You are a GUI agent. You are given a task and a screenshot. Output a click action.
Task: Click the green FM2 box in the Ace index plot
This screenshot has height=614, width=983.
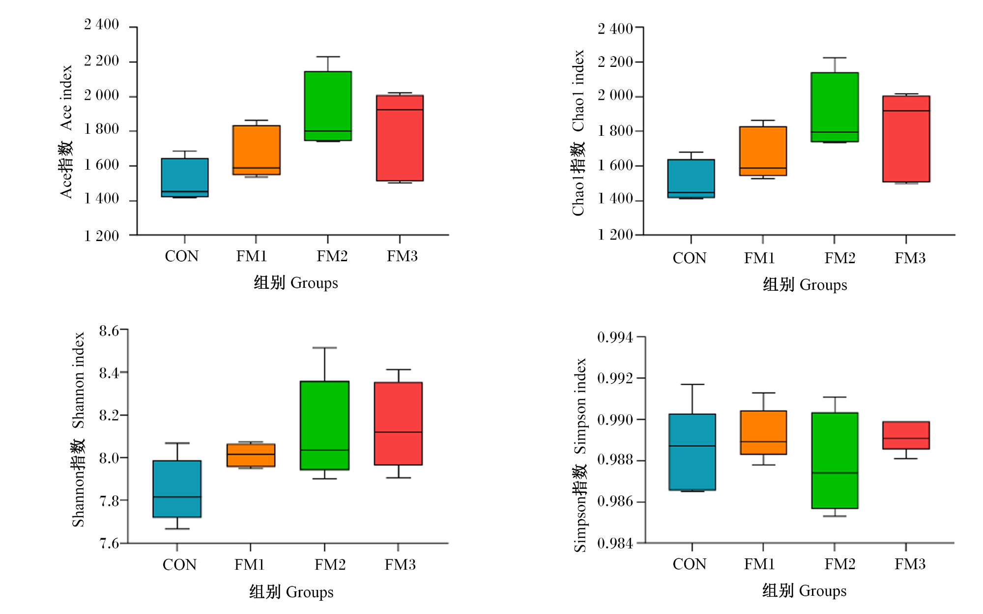328,106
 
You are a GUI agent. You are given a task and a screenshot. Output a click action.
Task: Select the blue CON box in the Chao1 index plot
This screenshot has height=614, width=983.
691,179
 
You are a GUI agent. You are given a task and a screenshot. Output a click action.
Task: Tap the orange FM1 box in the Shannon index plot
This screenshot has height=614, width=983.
251,455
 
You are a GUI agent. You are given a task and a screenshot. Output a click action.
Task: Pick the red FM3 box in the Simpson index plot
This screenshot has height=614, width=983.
906,435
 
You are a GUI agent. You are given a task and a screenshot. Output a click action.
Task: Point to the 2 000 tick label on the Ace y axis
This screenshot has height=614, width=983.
101,95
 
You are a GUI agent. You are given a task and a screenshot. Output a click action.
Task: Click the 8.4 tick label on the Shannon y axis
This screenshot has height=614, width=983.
109,373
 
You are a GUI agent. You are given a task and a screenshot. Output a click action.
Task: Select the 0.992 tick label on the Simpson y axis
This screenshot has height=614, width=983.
615,378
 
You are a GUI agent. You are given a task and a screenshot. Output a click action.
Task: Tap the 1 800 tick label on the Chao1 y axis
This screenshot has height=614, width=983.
615,131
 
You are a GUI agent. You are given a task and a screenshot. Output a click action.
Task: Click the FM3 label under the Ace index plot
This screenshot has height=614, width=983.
402,256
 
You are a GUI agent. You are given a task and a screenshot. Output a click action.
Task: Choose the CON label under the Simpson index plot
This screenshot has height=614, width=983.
689,564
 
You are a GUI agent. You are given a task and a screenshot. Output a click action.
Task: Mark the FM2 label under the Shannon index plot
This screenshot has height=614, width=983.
330,564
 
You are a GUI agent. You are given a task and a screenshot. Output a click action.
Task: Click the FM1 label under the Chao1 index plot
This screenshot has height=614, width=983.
759,258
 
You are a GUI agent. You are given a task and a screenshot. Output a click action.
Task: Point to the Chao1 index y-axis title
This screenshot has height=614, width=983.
578,133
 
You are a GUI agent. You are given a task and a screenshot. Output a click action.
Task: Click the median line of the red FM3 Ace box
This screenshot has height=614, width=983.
400,110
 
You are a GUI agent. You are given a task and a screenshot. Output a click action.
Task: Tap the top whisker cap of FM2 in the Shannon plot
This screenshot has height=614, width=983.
324,348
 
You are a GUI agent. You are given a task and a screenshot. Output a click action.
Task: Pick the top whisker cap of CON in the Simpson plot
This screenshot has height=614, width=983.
692,384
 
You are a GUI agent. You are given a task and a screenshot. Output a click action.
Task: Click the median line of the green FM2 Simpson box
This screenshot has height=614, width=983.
835,473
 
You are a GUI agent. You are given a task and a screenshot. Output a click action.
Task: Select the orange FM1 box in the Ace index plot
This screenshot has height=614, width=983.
257,150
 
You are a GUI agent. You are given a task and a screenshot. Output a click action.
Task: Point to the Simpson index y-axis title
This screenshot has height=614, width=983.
580,455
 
